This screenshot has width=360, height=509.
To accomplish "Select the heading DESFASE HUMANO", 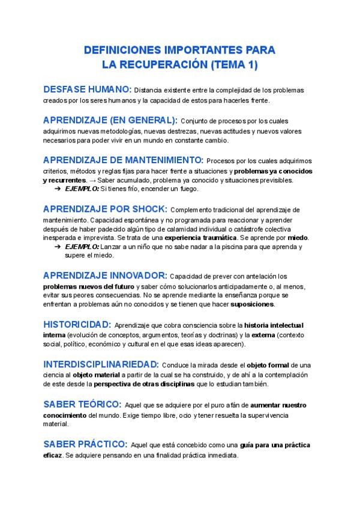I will point(87,89).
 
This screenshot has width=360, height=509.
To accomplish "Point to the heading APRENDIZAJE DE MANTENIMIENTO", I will point(123,160).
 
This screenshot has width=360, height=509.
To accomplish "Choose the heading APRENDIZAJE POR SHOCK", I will point(105,209).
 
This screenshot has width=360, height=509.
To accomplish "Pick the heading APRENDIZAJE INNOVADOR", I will point(105,276).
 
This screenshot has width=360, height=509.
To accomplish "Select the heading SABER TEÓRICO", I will point(82,404).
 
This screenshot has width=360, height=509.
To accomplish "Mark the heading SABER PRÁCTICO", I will point(85,444).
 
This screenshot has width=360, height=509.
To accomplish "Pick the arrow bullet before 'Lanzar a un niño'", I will point(56,247).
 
